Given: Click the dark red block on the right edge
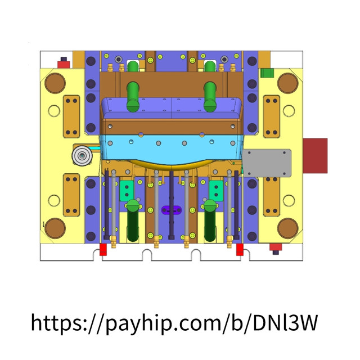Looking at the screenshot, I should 315,155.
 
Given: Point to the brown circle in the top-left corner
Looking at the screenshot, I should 56,83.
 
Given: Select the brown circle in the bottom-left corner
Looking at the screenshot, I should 56,228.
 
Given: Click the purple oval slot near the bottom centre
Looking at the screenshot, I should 172,210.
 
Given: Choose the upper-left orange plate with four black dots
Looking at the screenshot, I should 71,115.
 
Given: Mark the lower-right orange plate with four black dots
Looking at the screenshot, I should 272,194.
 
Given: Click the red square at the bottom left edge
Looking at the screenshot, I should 103,250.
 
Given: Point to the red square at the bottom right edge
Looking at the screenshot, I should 240,250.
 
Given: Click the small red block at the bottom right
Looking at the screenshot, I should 275,247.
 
